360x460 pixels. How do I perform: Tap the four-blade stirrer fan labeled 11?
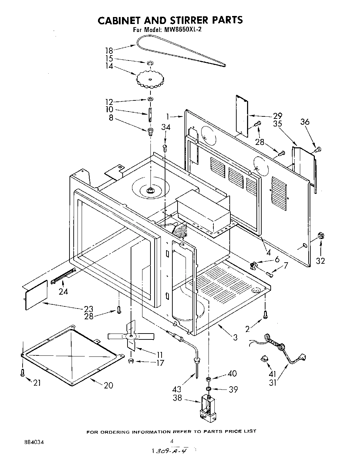click(x=131, y=337)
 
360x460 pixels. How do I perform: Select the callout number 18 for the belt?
click(x=109, y=50)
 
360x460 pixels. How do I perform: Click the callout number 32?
click(x=320, y=261)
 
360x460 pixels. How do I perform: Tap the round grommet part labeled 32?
click(x=321, y=236)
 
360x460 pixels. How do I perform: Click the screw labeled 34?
click(x=165, y=147)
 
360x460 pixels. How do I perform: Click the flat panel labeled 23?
click(x=36, y=295)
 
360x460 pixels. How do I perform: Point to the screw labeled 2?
click(x=266, y=314)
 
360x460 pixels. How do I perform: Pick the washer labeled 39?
click(x=208, y=388)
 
